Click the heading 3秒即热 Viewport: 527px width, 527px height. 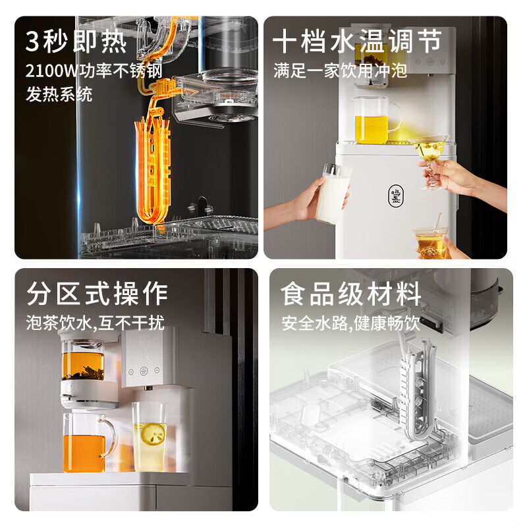(76, 42)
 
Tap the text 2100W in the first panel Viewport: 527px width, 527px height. (51, 71)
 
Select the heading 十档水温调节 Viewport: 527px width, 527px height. (357, 42)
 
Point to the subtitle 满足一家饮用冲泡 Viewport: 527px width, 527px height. (340, 70)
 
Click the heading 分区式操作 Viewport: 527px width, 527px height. (97, 293)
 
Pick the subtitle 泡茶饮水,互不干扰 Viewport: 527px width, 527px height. (95, 323)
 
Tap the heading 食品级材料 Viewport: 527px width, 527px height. (351, 293)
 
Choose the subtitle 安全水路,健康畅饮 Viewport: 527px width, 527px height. (351, 323)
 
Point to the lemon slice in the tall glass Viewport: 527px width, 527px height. (154, 434)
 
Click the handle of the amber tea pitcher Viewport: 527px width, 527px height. (109, 437)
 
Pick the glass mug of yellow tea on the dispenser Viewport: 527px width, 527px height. (377, 120)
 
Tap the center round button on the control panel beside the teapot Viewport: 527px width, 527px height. (144, 371)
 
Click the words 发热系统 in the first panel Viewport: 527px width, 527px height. (59, 94)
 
